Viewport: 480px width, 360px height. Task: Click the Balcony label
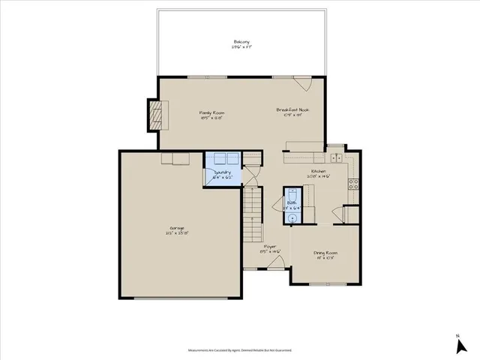coord(241,42)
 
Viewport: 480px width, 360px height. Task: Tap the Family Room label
coord(212,113)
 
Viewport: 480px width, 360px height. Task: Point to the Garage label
coord(177,228)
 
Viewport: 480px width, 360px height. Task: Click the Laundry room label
coord(221,172)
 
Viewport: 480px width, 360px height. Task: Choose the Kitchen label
coord(319,172)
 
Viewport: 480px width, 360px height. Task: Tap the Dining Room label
coord(325,253)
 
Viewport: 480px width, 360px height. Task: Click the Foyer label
coord(269,247)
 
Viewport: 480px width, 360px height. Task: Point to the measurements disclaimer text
coord(240,349)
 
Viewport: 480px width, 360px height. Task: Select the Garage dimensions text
coord(177,233)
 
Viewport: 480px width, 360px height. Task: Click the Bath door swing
coord(306,212)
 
